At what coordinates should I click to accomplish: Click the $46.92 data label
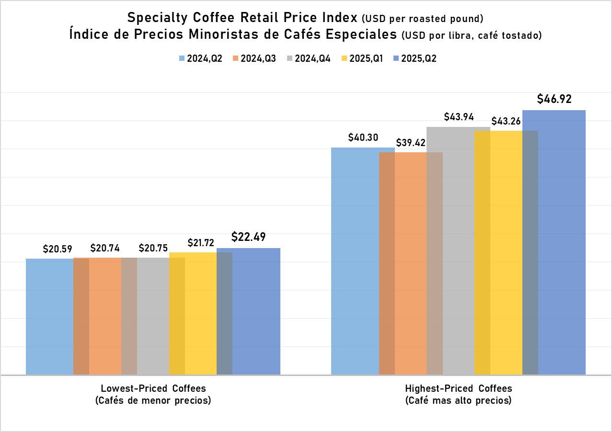554,100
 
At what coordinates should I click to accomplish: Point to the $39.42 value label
411,143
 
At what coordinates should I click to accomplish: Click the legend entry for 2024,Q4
309,58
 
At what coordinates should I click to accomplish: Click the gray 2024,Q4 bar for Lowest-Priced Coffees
153,316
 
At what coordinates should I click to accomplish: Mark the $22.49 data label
248,237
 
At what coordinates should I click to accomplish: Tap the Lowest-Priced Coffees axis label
153,388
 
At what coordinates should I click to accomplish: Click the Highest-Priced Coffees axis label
459,388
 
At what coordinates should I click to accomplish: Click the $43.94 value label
459,117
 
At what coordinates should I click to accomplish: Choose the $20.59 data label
58,249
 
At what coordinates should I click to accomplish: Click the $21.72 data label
200,243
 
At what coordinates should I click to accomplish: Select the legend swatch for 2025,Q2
396,58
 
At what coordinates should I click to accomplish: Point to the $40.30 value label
363,137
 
